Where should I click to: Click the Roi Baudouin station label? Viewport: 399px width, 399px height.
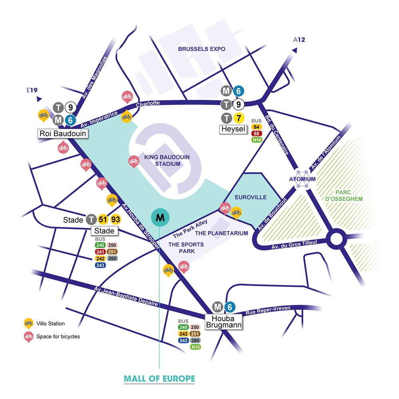63,133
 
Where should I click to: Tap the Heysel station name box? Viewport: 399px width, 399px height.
233,129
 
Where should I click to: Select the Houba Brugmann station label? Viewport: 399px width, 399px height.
223,322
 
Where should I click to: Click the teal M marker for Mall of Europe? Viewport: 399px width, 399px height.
160,218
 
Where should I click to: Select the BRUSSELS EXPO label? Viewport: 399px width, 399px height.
201,49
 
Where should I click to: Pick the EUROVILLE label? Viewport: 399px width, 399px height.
251,198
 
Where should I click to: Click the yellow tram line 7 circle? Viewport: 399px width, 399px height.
239,118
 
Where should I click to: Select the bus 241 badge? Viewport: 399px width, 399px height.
100,252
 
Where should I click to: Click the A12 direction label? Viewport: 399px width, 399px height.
299,40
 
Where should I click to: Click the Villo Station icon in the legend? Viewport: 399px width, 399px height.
28,323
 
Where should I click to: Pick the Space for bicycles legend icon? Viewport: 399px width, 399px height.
28,336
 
